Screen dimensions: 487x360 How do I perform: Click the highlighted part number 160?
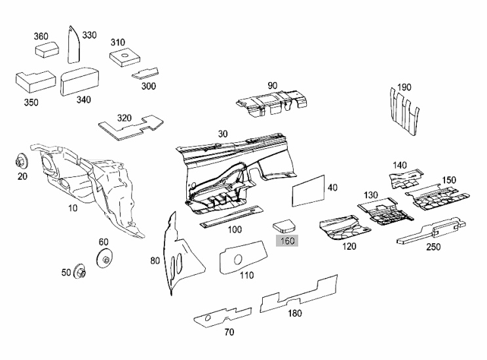pos(287,241)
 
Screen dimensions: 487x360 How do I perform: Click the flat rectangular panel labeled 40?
pos(309,191)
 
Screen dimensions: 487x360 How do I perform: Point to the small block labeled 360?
pos(47,49)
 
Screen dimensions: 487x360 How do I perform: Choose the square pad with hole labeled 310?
pos(125,56)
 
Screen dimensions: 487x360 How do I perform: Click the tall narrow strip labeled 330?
pos(74,45)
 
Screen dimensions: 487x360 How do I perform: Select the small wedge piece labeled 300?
pos(146,73)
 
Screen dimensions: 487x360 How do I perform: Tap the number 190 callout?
pos(404,87)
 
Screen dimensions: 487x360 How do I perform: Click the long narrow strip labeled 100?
pos(231,216)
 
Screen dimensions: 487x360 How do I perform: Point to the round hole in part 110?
pos(238,260)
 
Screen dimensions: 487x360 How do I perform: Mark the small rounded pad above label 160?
pos(284,226)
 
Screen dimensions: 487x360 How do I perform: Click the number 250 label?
pos(433,247)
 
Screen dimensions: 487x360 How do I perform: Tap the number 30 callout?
pos(223,134)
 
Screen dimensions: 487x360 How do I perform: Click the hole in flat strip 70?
pos(208,317)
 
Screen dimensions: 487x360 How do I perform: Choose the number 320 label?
pos(125,118)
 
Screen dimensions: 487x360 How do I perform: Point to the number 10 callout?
pos(73,208)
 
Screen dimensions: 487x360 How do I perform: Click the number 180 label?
pos(294,313)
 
